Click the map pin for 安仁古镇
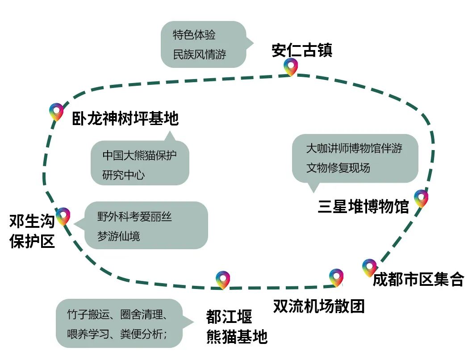click(291, 67)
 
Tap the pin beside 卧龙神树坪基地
click(56, 111)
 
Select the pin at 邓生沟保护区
click(63, 216)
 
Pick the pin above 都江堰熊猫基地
click(222, 279)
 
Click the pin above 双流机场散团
click(336, 277)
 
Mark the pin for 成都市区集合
click(369, 267)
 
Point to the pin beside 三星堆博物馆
click(421, 198)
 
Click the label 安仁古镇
click(302, 50)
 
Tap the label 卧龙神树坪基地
click(125, 119)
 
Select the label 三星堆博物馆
click(363, 207)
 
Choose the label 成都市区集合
click(418, 280)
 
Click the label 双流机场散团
click(319, 306)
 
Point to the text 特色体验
click(194, 35)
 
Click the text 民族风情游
click(200, 55)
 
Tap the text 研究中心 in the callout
click(124, 175)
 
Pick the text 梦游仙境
click(119, 236)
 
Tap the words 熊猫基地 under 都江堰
click(237, 336)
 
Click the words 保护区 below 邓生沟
click(32, 241)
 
